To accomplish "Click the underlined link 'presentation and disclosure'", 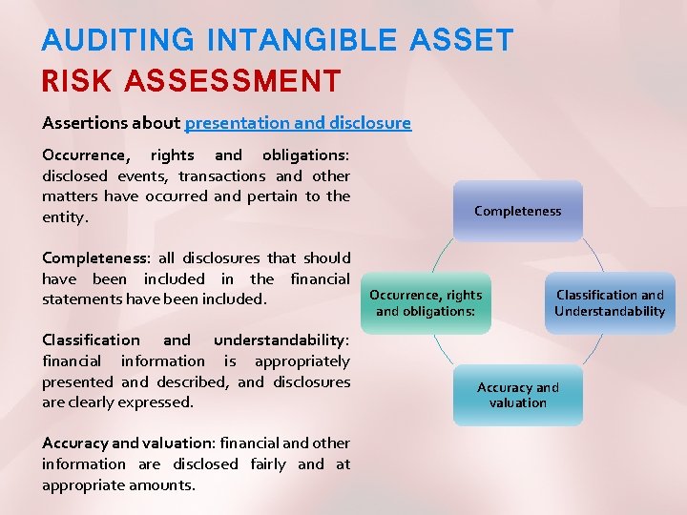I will tap(298, 123).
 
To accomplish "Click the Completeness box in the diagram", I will tap(518, 211).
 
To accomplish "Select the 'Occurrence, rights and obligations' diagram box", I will tap(426, 303).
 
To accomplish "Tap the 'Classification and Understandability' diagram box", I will tap(610, 303).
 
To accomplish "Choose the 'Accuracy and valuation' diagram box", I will tap(518, 395).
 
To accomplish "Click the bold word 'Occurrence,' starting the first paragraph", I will tap(82, 155).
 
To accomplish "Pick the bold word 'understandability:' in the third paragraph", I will tap(281, 340).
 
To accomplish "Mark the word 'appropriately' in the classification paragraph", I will tap(302, 361).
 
